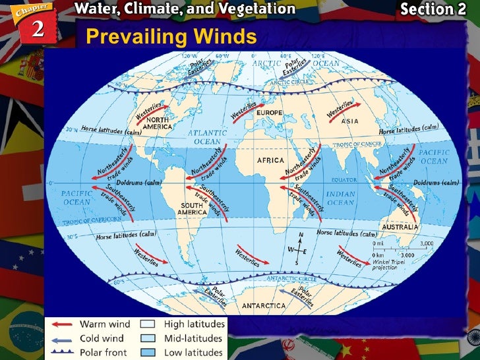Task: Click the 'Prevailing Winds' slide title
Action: (171, 36)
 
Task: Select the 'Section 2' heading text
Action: (436, 9)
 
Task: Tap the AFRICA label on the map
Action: (271, 160)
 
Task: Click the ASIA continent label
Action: (350, 121)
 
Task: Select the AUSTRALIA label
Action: (400, 226)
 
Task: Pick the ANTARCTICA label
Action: (264, 306)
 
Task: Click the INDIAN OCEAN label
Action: (341, 198)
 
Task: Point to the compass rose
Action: (300, 251)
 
